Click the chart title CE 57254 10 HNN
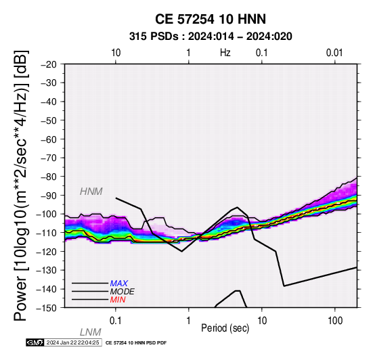pos(211,19)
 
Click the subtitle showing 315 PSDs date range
pos(211,37)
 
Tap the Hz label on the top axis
pos(225,53)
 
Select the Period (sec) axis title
pos(225,328)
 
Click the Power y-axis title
pos(21,185)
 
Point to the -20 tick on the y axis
pos(49,64)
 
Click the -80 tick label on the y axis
pos(49,177)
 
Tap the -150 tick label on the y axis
pos(47,308)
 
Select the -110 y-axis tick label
pos(47,233)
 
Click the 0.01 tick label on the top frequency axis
pos(334,53)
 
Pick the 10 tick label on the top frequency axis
pos(116,53)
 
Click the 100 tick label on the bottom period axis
pos(335,321)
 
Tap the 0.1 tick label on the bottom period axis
pos(116,321)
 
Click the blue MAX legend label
pos(119,284)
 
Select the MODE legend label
pos(123,292)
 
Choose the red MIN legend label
pos(118,300)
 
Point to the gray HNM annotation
pos(91,192)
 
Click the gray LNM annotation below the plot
pos(91,332)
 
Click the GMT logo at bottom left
pos(35,342)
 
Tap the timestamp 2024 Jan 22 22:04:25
pos(72,342)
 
